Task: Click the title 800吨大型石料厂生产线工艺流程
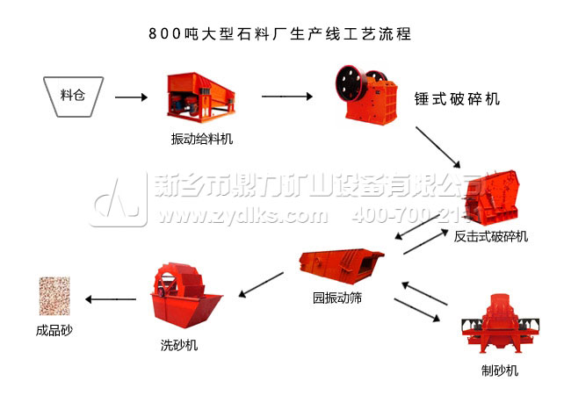click(x=280, y=34)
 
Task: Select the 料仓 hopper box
click(x=74, y=96)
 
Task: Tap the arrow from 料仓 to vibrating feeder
click(x=131, y=97)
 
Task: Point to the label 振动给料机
click(x=202, y=139)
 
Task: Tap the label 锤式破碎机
click(x=456, y=99)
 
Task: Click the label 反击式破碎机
click(x=491, y=236)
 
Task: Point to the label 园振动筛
click(x=338, y=298)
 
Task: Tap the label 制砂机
click(x=499, y=370)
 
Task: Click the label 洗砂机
click(x=179, y=345)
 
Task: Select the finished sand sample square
click(x=54, y=296)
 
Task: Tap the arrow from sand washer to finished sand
click(x=112, y=299)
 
